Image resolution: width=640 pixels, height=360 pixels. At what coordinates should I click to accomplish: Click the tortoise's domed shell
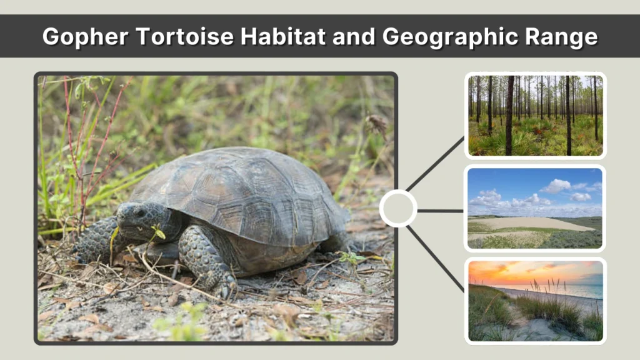click(244, 187)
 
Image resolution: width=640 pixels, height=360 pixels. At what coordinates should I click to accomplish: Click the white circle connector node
click(398, 209)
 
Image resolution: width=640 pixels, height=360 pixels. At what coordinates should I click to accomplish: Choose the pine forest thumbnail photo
click(535, 116)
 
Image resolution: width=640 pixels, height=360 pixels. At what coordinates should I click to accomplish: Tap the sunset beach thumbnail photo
click(535, 301)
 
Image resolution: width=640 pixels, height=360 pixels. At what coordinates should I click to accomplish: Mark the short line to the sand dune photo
click(440, 211)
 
